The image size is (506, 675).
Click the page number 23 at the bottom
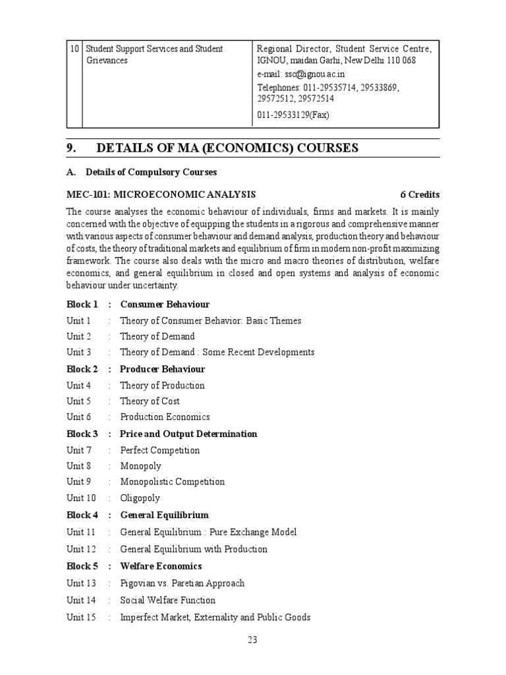[253, 638]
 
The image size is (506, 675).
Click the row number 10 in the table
[74, 49]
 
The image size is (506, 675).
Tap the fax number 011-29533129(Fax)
[293, 115]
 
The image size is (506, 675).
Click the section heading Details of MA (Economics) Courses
[228, 148]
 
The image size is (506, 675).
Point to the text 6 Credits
[419, 194]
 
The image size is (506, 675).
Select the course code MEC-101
[88, 194]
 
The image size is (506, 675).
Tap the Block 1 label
[82, 304]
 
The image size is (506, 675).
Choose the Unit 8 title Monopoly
[140, 466]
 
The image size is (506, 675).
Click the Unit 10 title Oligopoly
[140, 498]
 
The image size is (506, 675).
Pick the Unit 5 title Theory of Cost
[150, 401]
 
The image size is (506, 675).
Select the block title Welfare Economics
[161, 566]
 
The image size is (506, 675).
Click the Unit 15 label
[81, 617]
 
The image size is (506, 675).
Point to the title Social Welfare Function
[167, 600]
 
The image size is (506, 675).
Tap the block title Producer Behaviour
[162, 369]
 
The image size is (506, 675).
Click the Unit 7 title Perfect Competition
[159, 450]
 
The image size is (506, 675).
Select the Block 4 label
[82, 515]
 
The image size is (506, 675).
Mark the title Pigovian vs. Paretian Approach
[182, 583]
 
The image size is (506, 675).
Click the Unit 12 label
[81, 549]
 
